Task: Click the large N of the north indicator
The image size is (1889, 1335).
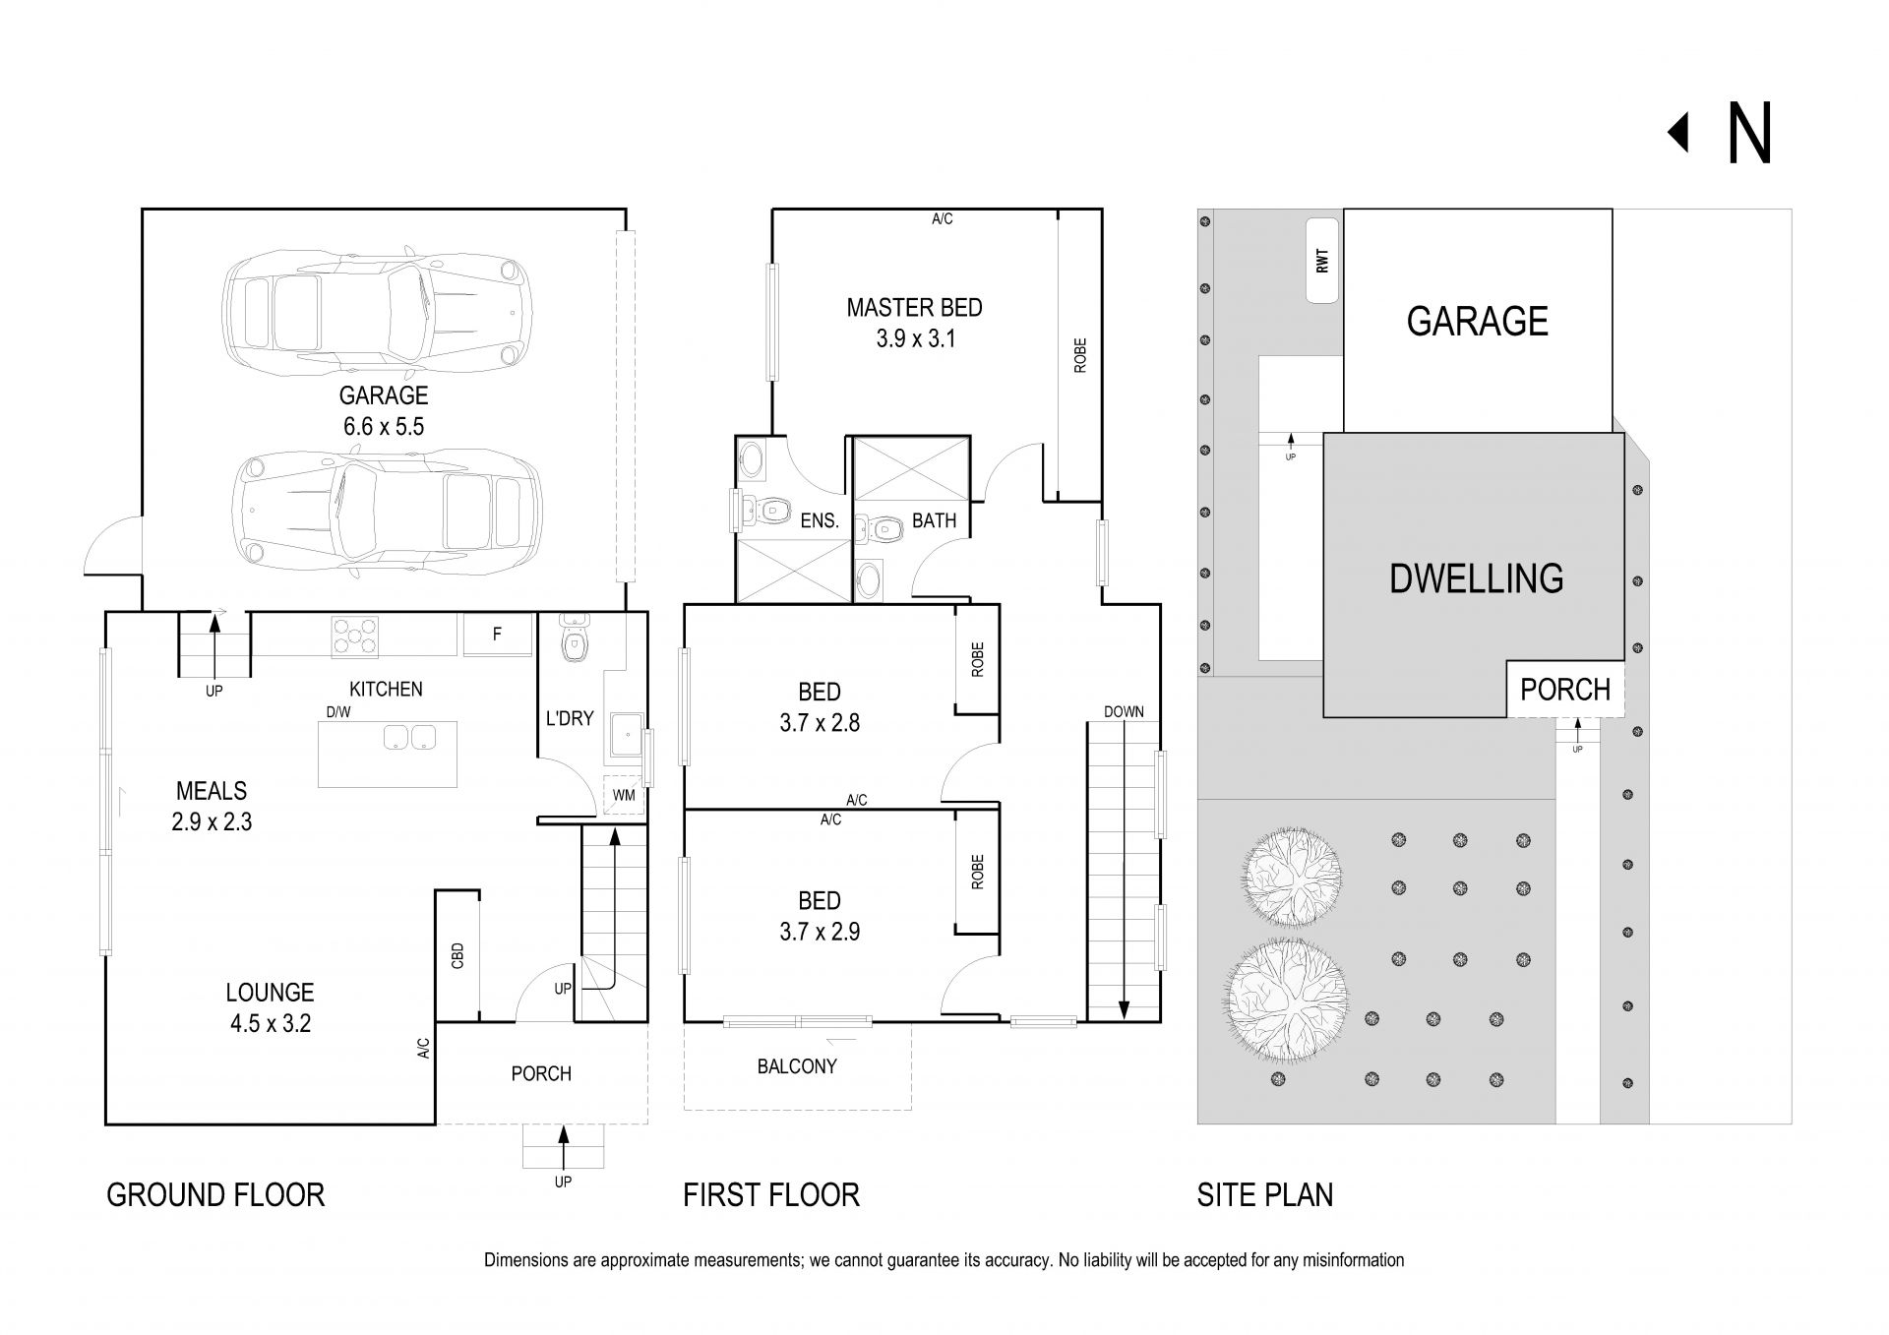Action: point(1749,133)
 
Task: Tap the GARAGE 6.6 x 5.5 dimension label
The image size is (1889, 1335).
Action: point(384,410)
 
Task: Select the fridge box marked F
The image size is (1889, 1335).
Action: point(497,635)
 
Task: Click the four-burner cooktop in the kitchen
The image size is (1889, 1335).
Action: point(354,635)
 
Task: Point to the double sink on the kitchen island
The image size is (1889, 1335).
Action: point(409,737)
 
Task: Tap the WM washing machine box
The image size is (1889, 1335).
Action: point(624,795)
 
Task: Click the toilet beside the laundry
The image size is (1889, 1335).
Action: point(574,637)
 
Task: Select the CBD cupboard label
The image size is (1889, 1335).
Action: point(457,955)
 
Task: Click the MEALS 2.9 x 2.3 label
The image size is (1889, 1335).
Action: point(212,806)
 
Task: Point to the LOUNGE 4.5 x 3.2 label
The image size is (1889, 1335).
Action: point(271,1007)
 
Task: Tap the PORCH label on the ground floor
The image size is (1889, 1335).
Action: point(541,1073)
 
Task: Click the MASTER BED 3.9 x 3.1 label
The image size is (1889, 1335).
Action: point(915,323)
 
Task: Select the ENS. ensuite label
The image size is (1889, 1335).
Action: point(820,521)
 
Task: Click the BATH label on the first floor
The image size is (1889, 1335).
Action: point(934,520)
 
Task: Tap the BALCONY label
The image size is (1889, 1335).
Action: point(797,1065)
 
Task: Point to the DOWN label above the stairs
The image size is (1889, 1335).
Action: point(1124,711)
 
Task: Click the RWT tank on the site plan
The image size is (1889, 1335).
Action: point(1322,261)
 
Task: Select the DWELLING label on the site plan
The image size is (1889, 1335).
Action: point(1476,578)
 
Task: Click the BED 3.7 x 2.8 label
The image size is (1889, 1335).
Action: point(820,707)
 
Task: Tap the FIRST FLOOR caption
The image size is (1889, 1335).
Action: point(771,1194)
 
